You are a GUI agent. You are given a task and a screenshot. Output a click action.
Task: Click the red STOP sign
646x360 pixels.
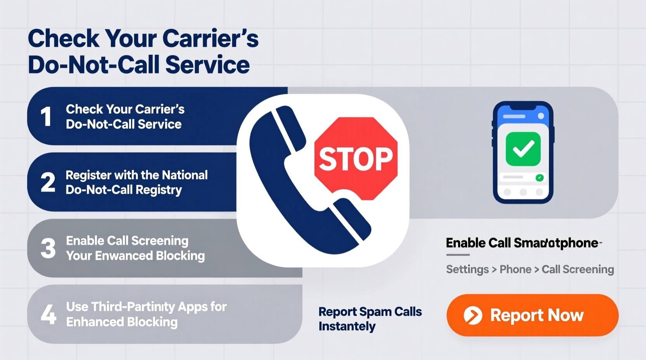tap(356, 158)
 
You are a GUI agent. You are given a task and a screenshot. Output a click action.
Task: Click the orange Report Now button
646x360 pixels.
tap(532, 315)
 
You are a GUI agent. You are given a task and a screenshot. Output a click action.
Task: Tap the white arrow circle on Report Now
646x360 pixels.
tap(473, 315)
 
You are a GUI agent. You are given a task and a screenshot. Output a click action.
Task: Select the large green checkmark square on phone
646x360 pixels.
tap(523, 149)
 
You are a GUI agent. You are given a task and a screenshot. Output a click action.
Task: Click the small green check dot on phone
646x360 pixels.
tap(539, 178)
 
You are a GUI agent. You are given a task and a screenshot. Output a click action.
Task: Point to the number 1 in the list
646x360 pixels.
tap(46, 116)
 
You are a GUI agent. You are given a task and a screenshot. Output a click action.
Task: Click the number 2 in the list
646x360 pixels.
tap(48, 182)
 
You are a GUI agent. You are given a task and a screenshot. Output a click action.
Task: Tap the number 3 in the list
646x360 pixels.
tap(48, 248)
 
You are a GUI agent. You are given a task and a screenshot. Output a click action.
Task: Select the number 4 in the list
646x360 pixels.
tap(49, 314)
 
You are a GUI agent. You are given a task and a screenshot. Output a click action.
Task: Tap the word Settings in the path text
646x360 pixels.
tap(467, 270)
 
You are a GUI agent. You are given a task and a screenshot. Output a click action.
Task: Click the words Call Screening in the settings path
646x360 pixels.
tap(578, 270)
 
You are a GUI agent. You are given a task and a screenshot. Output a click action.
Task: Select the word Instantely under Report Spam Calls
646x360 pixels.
tap(347, 327)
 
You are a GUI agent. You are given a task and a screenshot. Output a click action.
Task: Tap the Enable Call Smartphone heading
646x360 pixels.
tap(522, 243)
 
